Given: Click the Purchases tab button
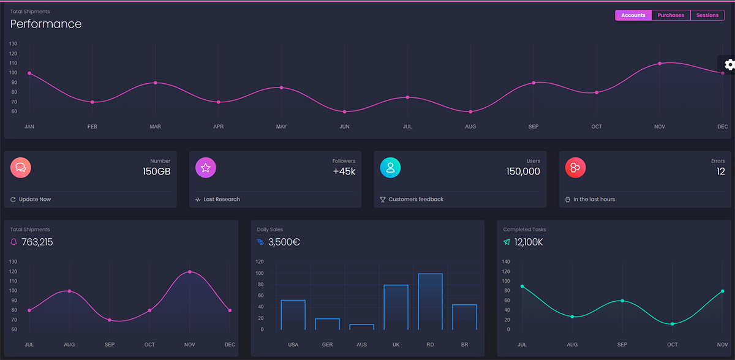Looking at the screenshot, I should pos(671,15).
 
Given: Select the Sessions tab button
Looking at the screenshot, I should pos(707,15).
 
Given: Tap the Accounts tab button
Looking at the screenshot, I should pos(633,15).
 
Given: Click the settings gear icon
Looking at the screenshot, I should pos(729,64).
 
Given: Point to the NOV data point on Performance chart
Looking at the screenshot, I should pos(660,64).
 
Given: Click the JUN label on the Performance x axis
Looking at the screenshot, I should pos(344,127).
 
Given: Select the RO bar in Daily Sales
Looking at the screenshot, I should pos(430,301).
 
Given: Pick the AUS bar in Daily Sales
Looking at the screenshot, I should pos(361,327).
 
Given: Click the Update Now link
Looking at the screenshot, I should pos(35,200).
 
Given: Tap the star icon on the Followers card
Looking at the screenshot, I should pos(206,167).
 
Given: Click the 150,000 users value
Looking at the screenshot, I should pos(523,171).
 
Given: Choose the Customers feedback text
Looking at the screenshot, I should pos(416,200).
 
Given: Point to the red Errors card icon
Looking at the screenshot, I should pos(575,167).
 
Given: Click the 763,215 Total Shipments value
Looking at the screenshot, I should pos(37,242).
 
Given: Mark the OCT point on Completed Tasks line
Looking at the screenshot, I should pos(673,324).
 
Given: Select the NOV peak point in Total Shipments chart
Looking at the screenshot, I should pos(190,272).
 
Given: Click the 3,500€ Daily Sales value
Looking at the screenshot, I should pos(284,242).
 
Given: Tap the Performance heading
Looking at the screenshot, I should pos(46,24).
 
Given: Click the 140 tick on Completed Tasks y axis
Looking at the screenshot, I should pos(505,261).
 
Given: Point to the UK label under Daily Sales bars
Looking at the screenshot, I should pos(396,345).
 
